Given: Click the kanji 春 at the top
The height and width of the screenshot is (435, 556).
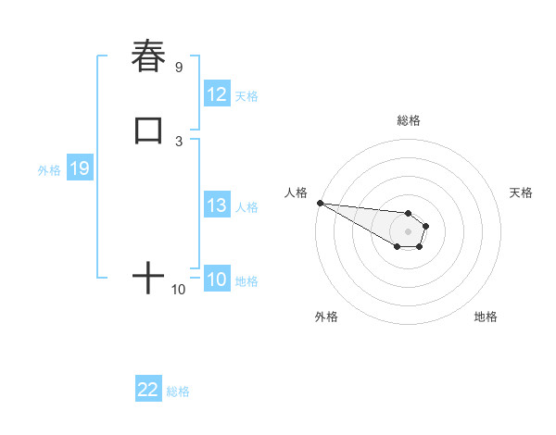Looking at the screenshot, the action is tap(148, 56).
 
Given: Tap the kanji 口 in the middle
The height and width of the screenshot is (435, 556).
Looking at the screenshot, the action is tap(148, 130).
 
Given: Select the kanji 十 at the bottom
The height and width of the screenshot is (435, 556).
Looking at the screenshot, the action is tap(148, 277).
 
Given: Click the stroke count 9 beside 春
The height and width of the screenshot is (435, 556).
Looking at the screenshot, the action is tap(179, 68).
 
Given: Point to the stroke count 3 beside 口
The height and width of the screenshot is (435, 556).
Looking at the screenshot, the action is tap(179, 141).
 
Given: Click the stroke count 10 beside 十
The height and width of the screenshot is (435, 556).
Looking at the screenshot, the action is tap(179, 290).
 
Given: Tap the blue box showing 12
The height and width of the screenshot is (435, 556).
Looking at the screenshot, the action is tap(217, 94).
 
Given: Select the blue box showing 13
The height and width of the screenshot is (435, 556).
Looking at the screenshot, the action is tap(217, 205).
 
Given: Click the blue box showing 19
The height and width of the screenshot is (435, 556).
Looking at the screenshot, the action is tap(79, 168).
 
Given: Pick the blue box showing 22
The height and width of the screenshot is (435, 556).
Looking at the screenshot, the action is tap(148, 390).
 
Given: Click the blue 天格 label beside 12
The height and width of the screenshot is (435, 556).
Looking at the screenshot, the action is tap(246, 96).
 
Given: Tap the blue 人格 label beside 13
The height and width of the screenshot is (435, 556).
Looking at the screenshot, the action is tap(246, 207).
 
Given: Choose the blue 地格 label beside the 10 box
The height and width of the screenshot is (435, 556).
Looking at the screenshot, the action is tap(246, 281).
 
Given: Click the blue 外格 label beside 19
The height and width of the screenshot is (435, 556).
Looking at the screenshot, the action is tap(49, 170).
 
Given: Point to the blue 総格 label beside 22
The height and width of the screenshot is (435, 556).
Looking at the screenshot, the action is tap(178, 391).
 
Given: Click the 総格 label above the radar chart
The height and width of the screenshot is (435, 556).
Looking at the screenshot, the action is tap(408, 120).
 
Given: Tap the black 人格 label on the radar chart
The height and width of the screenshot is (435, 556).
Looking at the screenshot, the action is tap(296, 193).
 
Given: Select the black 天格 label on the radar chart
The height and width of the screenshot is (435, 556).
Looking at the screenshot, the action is tap(522, 193).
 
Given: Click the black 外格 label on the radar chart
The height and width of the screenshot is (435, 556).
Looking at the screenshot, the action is tap(326, 317).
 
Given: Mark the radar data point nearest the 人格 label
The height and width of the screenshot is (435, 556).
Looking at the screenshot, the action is tap(320, 203).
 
